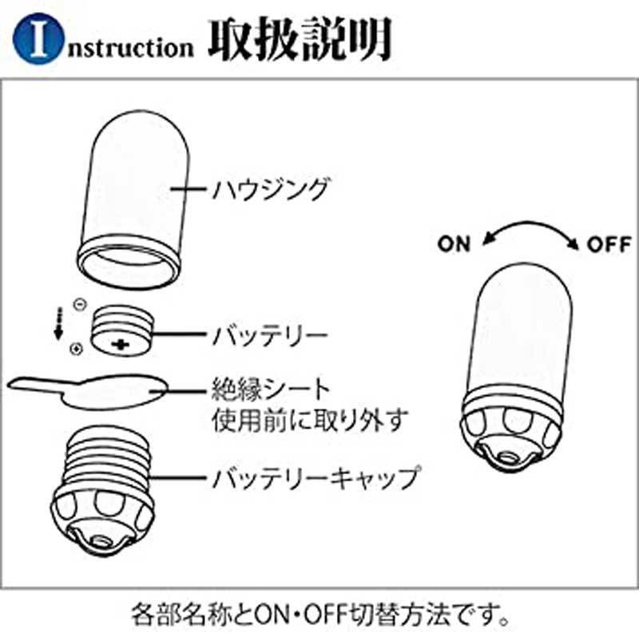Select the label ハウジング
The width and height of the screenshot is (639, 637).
point(270,190)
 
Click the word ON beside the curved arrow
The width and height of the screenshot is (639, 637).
point(454,244)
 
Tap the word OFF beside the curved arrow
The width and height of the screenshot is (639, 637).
point(609,244)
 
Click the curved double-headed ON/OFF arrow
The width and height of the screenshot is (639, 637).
point(531,229)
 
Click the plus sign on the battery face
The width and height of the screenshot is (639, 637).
point(121,344)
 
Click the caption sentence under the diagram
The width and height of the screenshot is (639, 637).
point(319,616)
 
